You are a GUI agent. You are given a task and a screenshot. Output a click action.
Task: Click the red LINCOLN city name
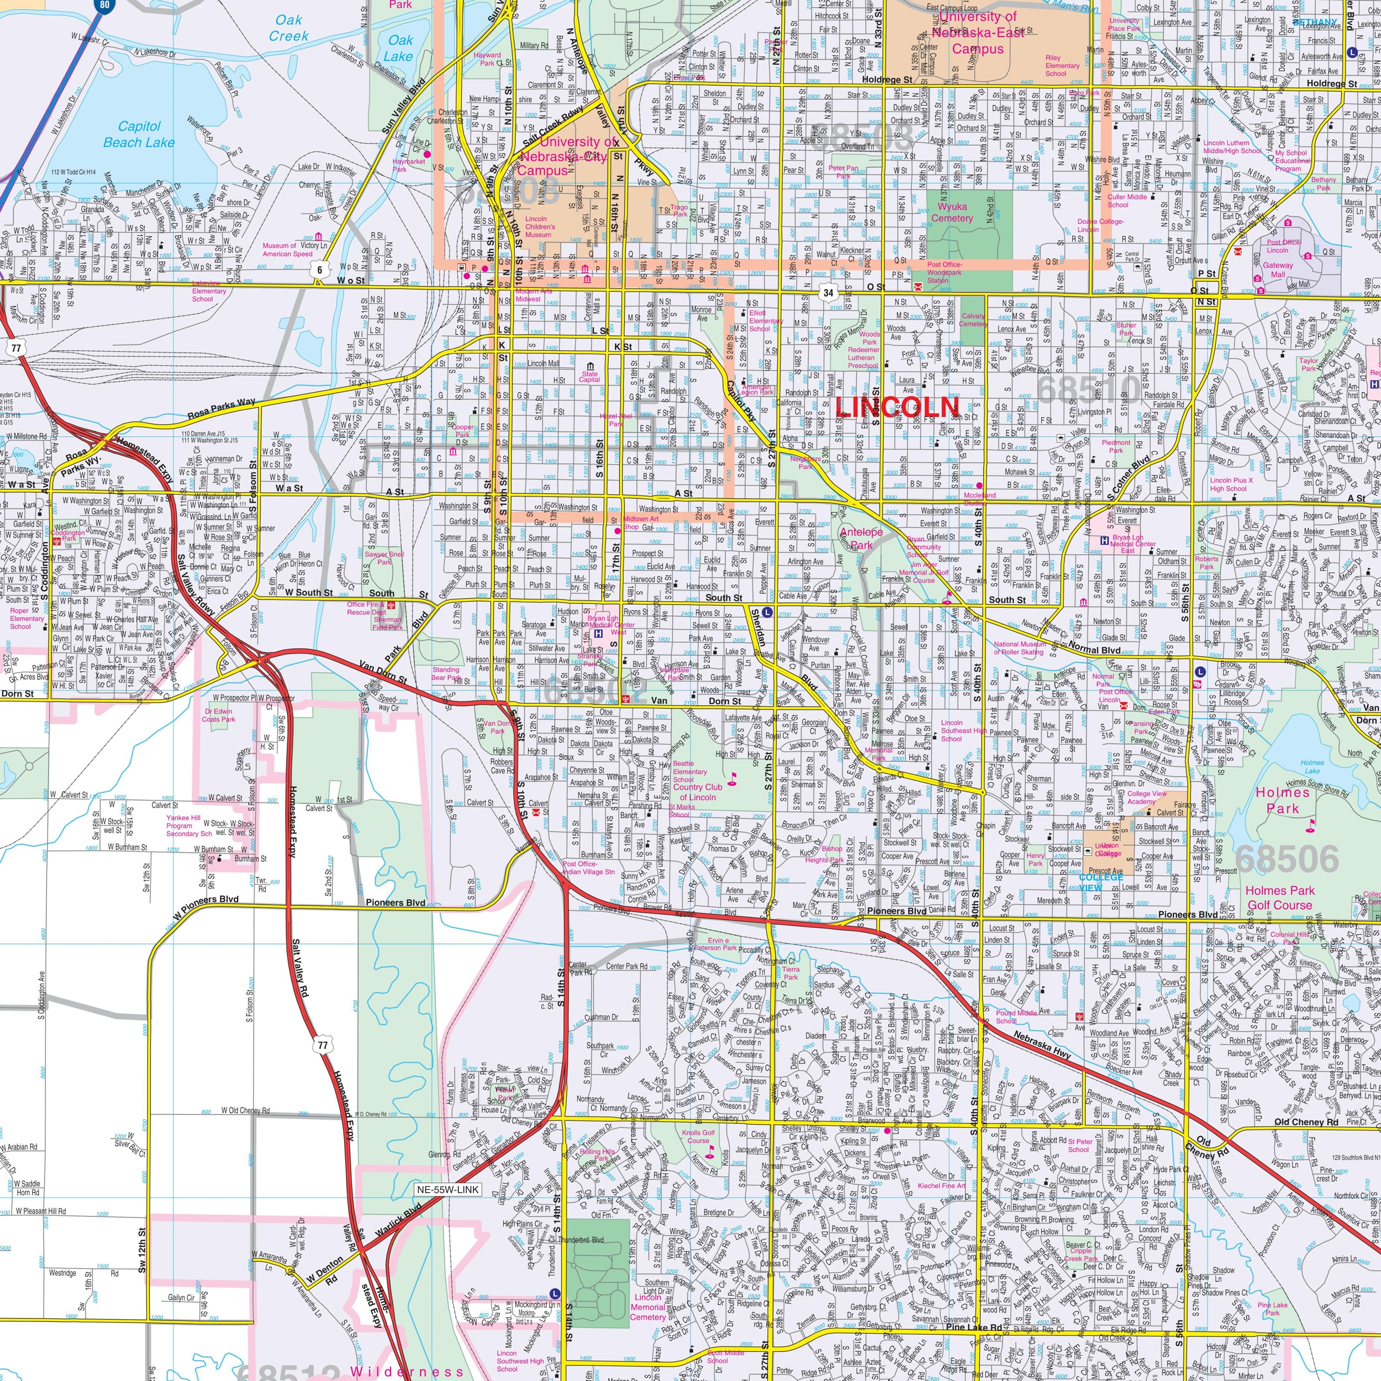[x=897, y=407]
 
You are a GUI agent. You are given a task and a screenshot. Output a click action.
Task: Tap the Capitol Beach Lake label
[x=139, y=134]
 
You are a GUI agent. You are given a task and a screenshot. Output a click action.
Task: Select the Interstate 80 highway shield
[x=105, y=5]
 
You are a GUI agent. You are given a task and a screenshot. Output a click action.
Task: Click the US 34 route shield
[x=827, y=292]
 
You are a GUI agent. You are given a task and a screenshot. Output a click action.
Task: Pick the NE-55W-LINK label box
[x=447, y=1189]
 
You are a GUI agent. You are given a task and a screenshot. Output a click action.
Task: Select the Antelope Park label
[x=861, y=537]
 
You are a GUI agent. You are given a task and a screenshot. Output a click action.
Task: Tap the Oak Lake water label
[x=399, y=48]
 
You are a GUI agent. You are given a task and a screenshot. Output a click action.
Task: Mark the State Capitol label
[x=590, y=377]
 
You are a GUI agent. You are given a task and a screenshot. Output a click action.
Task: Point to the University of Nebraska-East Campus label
[x=977, y=33]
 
